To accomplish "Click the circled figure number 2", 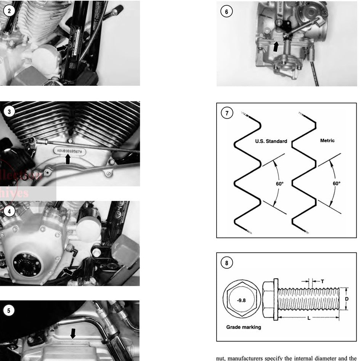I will [x=10, y=11].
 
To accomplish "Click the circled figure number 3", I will [x=10, y=112].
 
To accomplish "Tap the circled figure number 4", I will [x=10, y=210].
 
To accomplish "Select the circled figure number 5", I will [x=10, y=310].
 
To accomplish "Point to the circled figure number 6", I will [x=226, y=11].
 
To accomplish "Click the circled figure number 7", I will [x=227, y=113].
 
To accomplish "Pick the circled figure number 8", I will [x=227, y=263].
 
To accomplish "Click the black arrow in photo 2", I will [x=61, y=48].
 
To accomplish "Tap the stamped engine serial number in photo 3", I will [x=71, y=151].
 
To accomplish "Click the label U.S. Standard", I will [x=271, y=141].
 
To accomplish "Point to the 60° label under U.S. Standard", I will [x=280, y=183].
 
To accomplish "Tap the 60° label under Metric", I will [x=336, y=183].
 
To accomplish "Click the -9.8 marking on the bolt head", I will [x=241, y=300].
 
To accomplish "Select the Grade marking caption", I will [x=244, y=327].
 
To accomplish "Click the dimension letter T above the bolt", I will [x=322, y=281].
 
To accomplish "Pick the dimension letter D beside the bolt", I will [x=347, y=299].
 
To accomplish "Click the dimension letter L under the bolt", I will [x=308, y=318].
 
